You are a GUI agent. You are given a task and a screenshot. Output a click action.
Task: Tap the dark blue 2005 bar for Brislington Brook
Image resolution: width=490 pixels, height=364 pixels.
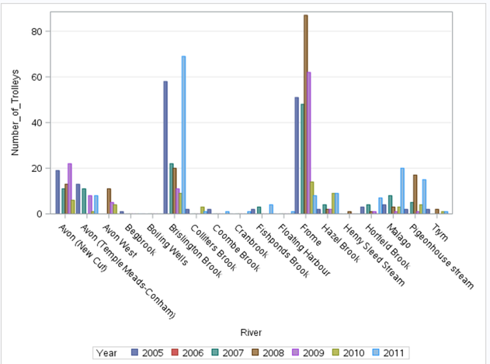point(165,147)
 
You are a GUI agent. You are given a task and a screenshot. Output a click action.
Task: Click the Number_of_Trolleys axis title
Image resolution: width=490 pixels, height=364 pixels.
point(16,113)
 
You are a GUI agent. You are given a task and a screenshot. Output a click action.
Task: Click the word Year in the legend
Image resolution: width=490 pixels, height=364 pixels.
point(106,353)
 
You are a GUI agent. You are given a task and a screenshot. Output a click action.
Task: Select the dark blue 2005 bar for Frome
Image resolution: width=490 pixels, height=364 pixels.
point(297,155)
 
